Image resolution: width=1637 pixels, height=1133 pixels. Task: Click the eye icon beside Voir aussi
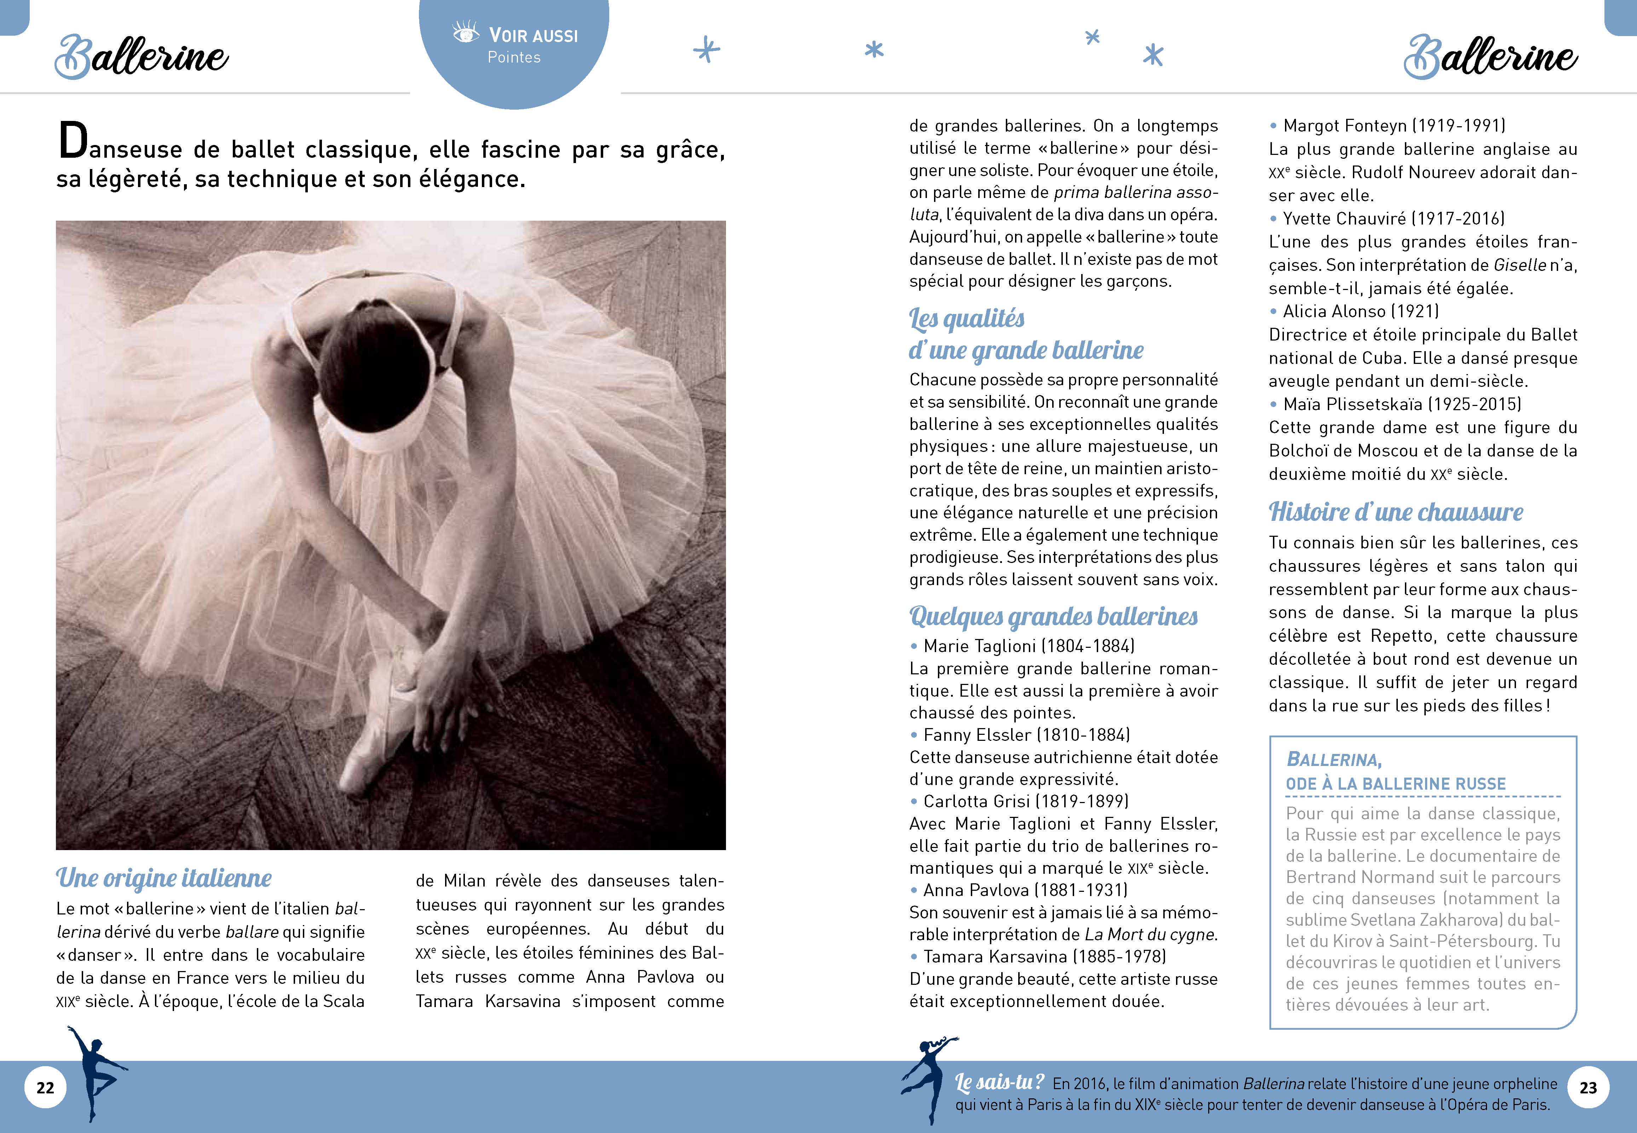click(x=466, y=33)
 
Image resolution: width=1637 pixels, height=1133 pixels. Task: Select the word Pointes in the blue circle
click(x=514, y=58)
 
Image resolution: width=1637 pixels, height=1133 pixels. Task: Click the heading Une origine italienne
click(x=164, y=878)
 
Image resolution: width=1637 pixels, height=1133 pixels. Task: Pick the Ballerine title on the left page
click(x=142, y=57)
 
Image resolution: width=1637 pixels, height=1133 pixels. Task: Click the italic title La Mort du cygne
click(x=1151, y=935)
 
